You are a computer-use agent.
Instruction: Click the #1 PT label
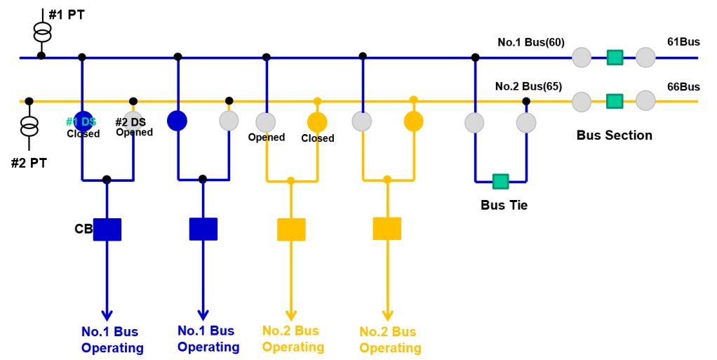[x=67, y=15]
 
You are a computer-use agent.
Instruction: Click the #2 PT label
[x=29, y=163]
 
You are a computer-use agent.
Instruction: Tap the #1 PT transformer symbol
[x=42, y=31]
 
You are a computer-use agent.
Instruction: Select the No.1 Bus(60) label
[x=531, y=42]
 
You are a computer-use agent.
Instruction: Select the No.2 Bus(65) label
[x=528, y=86]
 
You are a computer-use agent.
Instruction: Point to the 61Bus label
[x=683, y=42]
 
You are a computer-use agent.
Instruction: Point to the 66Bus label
[x=683, y=87]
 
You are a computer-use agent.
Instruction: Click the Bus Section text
[x=614, y=135]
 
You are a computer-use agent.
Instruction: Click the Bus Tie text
[x=504, y=206]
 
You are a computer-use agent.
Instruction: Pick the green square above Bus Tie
[x=500, y=181]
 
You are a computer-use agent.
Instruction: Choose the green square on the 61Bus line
[x=615, y=58]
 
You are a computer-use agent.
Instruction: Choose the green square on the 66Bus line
[x=615, y=102]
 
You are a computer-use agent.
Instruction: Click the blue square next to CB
[x=107, y=229]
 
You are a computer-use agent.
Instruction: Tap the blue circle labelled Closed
[x=83, y=121]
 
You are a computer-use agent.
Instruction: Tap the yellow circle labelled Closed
[x=318, y=122]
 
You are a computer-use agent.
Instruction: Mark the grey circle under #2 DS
[x=133, y=121]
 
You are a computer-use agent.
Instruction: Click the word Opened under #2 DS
[x=134, y=133]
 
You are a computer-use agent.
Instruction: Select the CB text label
[x=83, y=229]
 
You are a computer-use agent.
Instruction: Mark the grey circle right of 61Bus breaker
[x=645, y=58]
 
